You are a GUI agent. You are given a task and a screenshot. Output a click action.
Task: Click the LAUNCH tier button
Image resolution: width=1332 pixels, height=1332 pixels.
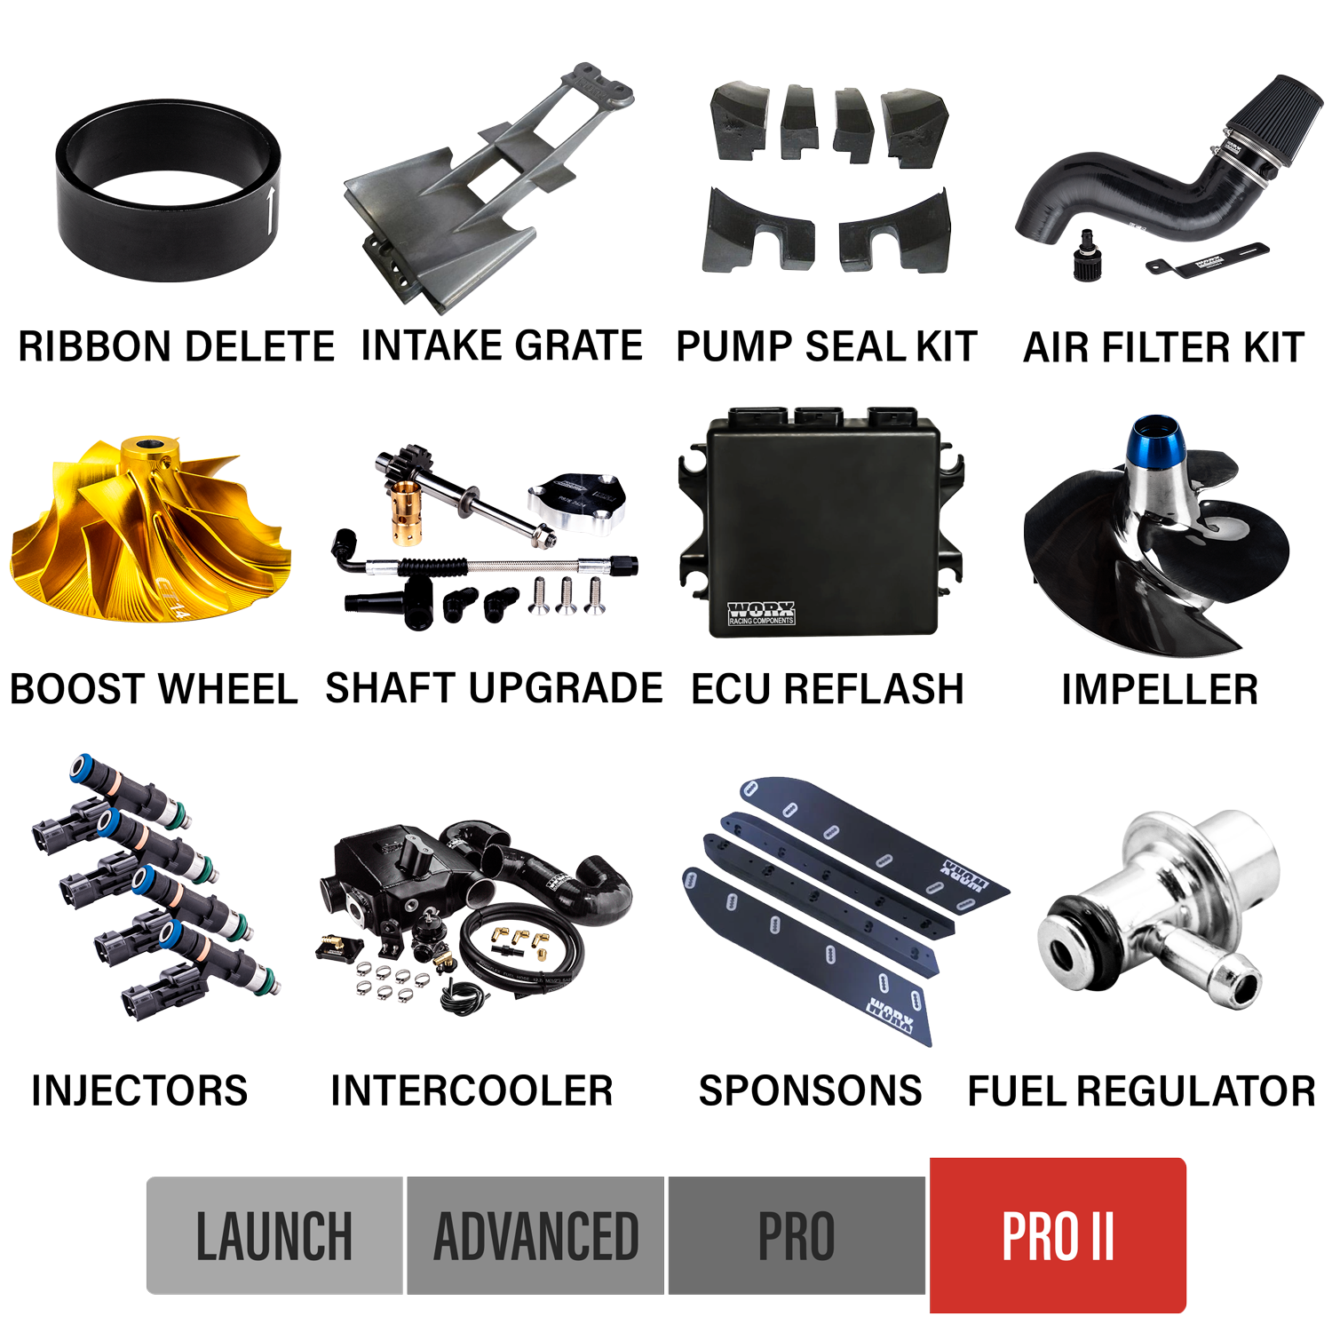[274, 1235]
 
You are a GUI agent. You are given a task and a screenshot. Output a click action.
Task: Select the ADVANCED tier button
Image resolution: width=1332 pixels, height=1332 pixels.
[535, 1235]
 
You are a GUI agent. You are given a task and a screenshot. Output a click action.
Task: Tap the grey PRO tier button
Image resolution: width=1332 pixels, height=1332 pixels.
[796, 1235]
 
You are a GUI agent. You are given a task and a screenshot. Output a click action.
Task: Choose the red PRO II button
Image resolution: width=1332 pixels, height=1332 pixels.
[1058, 1235]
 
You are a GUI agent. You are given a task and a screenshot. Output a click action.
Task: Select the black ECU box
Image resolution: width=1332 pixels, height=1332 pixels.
[821, 524]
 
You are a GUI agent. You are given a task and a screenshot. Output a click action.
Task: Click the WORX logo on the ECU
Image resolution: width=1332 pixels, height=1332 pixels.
[761, 612]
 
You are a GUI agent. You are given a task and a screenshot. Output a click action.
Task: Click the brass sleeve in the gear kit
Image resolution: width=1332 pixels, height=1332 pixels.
[408, 510]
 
